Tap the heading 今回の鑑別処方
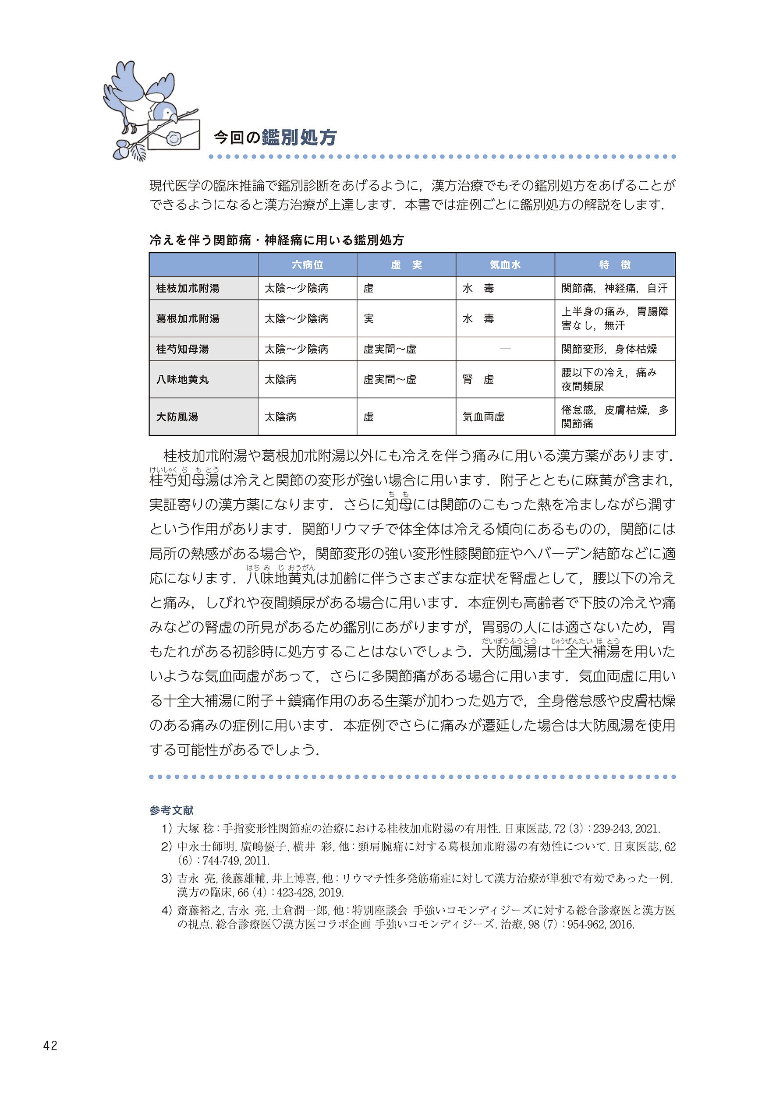coord(275,138)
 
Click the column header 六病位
coord(307,265)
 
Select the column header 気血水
coord(505,265)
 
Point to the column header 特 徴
coord(614,265)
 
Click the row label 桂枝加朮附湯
coord(188,289)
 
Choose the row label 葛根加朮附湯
coord(188,318)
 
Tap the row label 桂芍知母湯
coord(183,349)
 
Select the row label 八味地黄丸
coord(183,380)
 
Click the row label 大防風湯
coord(177,417)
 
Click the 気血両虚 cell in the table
coord(483,417)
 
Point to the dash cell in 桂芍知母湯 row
coord(505,349)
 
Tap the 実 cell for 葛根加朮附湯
coord(369,318)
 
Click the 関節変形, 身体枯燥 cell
coord(609,349)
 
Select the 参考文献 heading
coord(171,810)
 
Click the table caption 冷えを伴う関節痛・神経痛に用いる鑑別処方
coord(276,240)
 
